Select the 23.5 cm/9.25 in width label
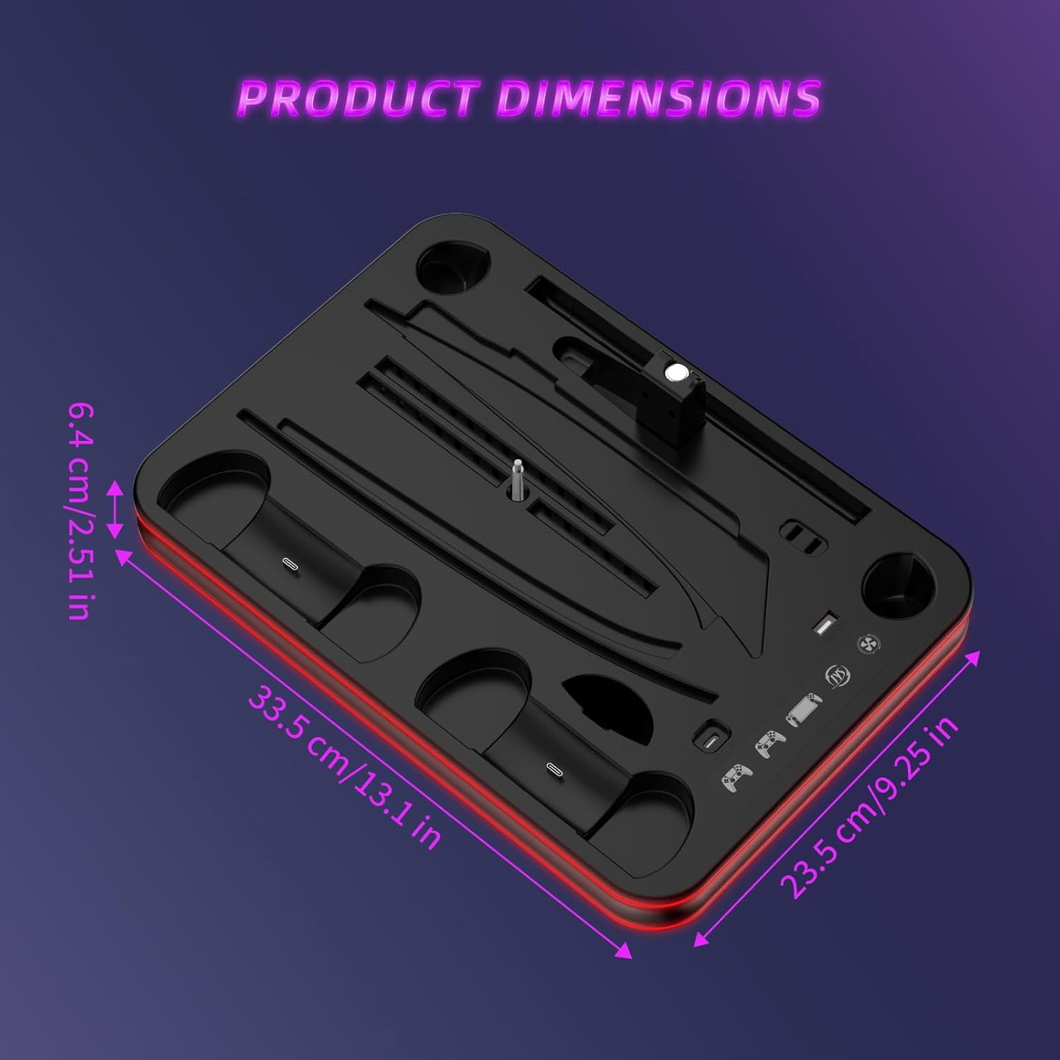(x=869, y=806)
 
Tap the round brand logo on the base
(x=838, y=676)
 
